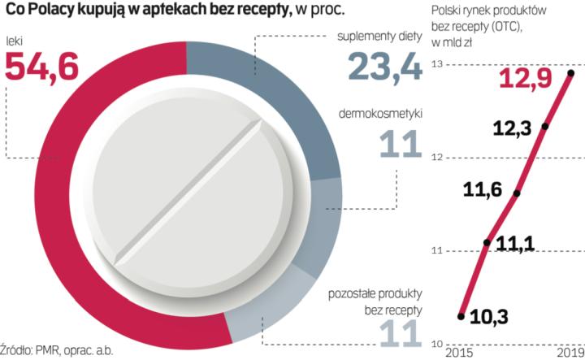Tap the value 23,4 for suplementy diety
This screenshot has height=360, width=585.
[385, 66]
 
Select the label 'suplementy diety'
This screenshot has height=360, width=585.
[380, 37]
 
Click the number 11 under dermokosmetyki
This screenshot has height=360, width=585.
[400, 143]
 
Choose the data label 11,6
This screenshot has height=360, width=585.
[483, 192]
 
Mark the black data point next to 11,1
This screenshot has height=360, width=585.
[487, 242]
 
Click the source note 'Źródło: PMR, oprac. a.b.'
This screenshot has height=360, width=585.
[57, 351]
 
